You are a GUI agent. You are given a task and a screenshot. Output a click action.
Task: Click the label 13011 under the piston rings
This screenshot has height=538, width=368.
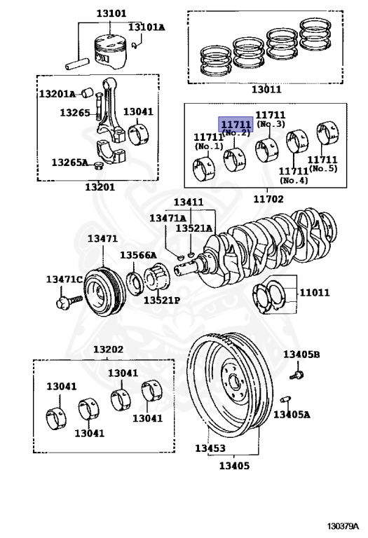pos(266,89)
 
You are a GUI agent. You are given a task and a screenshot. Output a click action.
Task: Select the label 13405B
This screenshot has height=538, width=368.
pos(301,354)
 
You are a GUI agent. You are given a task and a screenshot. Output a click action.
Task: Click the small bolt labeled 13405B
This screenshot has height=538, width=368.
pos(296,376)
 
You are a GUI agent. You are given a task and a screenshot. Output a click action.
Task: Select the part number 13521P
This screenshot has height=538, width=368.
pos(162,300)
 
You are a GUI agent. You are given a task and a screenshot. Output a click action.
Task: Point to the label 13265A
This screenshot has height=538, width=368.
pos(69,163)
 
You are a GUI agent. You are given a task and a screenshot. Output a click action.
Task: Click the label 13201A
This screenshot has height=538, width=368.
pos(57,93)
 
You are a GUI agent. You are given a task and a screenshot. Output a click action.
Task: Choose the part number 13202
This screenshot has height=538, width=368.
pos(108,350)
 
